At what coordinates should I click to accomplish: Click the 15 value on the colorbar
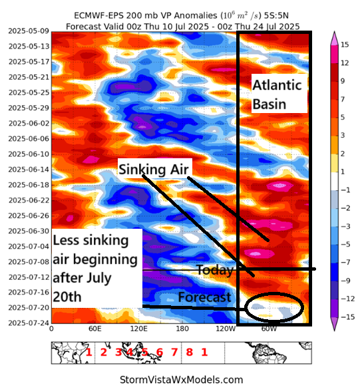[x=345, y=45]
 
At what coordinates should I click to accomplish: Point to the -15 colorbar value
[x=346, y=317]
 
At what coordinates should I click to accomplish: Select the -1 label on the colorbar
[x=345, y=190]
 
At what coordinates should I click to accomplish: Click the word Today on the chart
[x=214, y=271]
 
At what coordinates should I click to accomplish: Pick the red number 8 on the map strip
[x=190, y=352]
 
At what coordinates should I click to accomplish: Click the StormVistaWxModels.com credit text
[x=180, y=380]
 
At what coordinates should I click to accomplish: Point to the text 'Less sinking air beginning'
[x=94, y=249]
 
